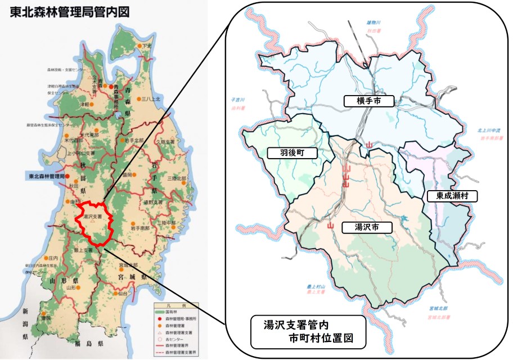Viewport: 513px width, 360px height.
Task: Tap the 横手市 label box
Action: [368, 101]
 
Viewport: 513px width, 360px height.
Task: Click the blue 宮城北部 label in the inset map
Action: [437, 309]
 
